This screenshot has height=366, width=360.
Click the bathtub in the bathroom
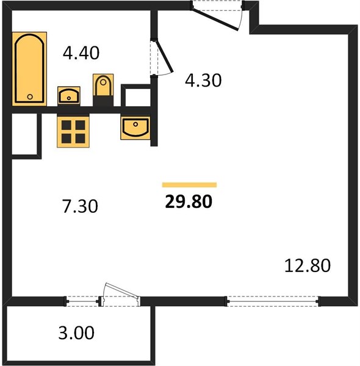[29, 68]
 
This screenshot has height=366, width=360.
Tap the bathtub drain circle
[30, 96]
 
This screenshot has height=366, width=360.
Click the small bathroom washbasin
[69, 96]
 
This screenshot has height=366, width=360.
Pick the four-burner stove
[73, 132]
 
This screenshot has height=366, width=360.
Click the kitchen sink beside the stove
[135, 127]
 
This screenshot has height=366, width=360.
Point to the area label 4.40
[81, 53]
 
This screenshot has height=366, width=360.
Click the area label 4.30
[203, 81]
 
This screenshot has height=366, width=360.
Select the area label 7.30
[80, 206]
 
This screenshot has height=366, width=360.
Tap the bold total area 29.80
[189, 202]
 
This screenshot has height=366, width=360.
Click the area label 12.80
[308, 265]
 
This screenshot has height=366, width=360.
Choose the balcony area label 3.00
[76, 332]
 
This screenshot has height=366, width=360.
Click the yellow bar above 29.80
[189, 185]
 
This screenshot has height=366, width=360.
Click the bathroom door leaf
[165, 56]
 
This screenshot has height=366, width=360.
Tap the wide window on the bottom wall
[273, 301]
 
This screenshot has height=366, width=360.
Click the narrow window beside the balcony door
[82, 301]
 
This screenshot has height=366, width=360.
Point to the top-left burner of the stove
[67, 125]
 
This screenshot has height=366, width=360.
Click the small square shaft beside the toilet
[136, 96]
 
